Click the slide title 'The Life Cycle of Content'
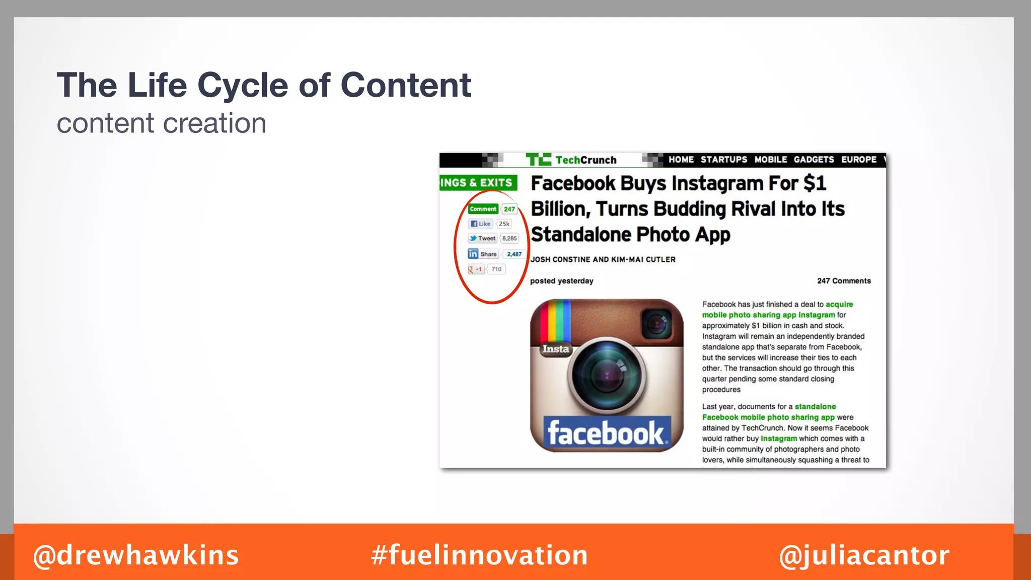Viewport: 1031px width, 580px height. [x=264, y=85]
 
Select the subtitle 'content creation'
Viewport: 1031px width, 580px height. [x=161, y=123]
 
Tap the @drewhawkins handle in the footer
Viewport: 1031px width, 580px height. [x=136, y=555]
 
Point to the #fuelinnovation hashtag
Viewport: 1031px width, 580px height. [x=479, y=555]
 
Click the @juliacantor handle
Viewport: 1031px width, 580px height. [x=864, y=555]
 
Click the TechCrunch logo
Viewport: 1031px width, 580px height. [x=572, y=160]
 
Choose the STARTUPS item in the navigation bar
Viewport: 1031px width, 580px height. [x=724, y=160]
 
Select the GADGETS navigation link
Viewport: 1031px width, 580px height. [x=814, y=160]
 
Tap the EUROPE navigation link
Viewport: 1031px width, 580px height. [x=859, y=160]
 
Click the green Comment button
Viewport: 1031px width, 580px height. [x=483, y=209]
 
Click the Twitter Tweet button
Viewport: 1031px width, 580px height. [x=482, y=239]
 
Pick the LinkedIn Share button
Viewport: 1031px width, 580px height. [x=483, y=254]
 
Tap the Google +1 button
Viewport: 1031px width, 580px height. [x=476, y=269]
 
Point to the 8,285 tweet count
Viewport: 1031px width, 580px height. [x=509, y=239]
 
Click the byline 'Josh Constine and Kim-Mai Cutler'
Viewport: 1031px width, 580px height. [x=603, y=259]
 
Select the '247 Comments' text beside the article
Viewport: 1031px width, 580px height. [x=844, y=281]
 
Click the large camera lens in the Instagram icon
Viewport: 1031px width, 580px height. [x=607, y=375]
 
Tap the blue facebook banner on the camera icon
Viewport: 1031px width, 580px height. [x=607, y=433]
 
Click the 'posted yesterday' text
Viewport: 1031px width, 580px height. [x=561, y=281]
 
